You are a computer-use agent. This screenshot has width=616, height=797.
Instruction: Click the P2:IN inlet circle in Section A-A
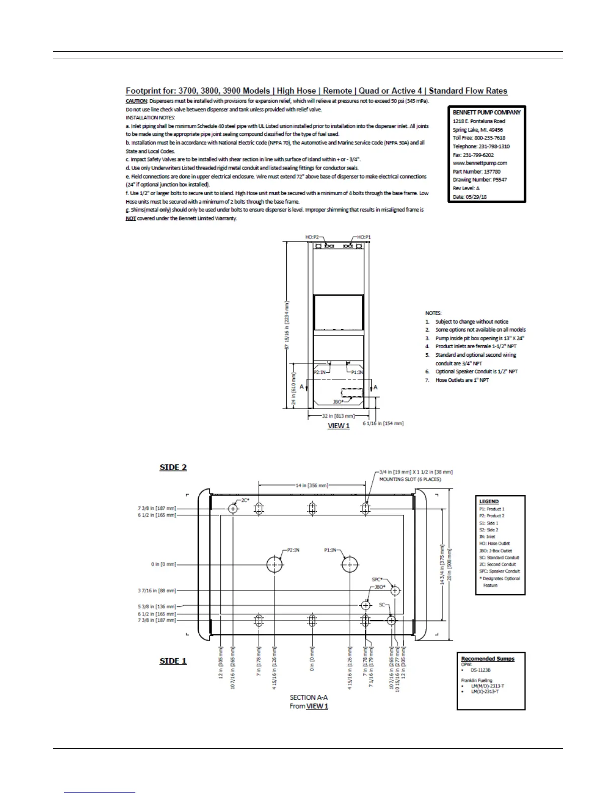274,565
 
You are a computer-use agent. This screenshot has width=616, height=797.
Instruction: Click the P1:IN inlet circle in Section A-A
350,565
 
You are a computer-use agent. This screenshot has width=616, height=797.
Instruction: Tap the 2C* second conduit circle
233,509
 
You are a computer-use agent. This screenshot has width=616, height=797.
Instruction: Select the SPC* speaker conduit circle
395,590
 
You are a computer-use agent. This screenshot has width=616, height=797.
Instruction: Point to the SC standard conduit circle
392,620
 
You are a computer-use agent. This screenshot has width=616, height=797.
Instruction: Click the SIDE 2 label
173,467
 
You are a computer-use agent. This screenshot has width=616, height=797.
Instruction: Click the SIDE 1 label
173,661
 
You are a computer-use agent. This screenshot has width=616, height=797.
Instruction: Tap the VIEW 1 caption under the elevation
339,426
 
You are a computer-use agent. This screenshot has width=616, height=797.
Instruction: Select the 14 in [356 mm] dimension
312,486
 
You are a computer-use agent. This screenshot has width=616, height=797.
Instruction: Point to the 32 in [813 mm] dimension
339,416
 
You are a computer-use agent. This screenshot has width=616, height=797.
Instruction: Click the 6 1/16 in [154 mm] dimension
383,423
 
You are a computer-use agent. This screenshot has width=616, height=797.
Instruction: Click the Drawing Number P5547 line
480,180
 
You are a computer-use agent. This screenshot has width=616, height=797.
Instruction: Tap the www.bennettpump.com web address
480,163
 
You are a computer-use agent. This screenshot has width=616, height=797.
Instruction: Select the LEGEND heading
489,502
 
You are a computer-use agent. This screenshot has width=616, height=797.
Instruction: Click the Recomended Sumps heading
488,659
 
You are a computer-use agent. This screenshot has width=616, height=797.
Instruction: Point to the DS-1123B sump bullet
480,670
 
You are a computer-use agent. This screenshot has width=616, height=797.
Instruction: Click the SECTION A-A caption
309,697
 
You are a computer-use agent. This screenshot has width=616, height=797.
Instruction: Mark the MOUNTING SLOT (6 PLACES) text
410,480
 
